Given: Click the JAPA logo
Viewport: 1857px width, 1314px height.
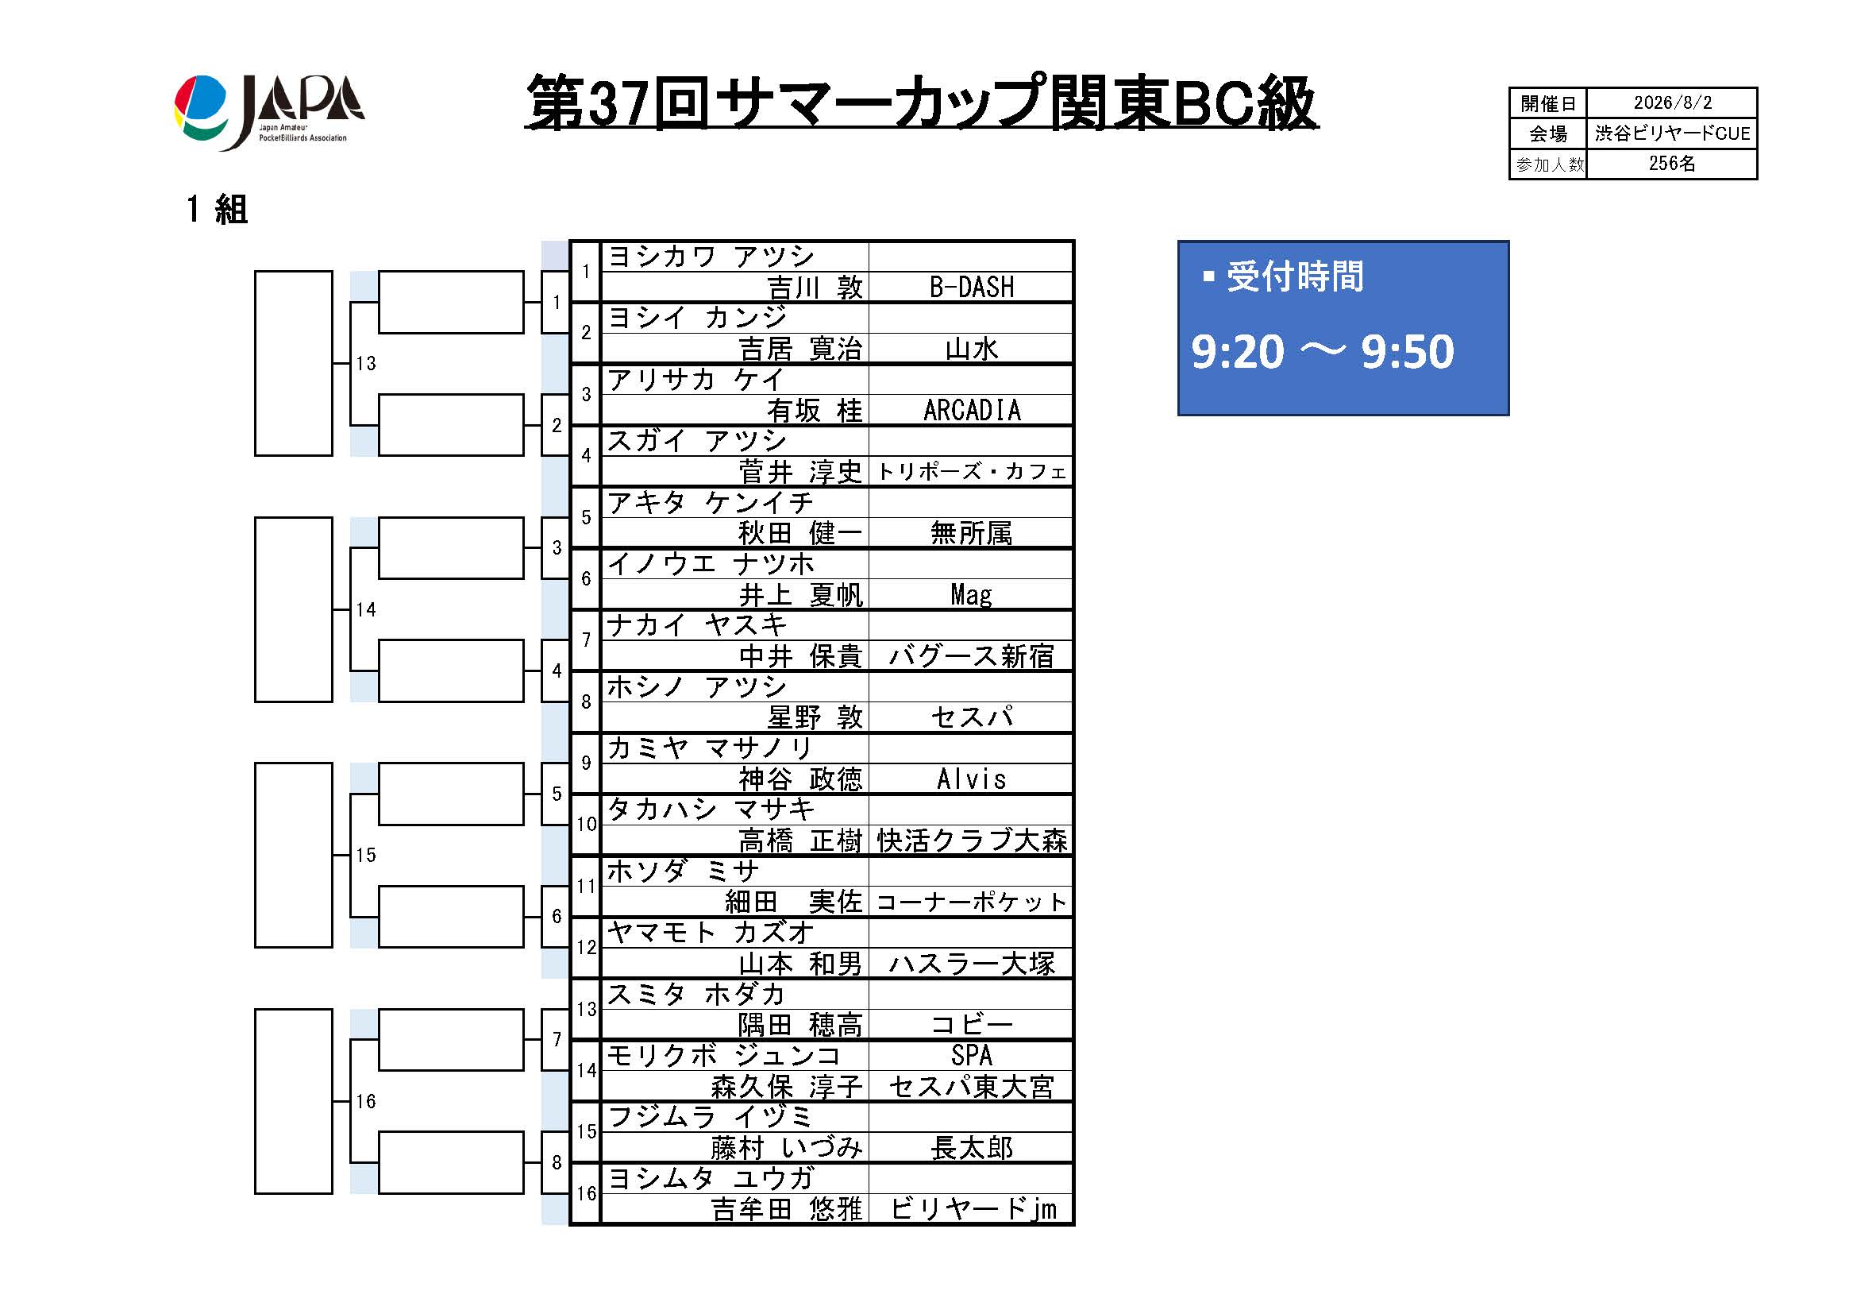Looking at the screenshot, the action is pyautogui.click(x=268, y=113).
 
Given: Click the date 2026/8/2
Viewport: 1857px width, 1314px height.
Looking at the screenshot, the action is pyautogui.click(x=1672, y=102).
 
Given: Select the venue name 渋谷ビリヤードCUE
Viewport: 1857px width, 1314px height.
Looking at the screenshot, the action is pyautogui.click(x=1672, y=133).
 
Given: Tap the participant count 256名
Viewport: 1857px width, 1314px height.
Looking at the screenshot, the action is pyautogui.click(x=1672, y=164).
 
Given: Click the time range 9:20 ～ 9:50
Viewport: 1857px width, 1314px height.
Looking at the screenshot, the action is pyautogui.click(x=1323, y=351).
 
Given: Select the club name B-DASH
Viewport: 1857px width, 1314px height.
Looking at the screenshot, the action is pyautogui.click(x=971, y=288).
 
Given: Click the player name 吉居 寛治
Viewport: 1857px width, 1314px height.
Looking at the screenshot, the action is pyautogui.click(x=801, y=349).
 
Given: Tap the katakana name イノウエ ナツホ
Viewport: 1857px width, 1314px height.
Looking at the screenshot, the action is pyautogui.click(x=711, y=563).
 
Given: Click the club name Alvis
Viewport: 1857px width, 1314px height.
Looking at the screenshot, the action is pyautogui.click(x=971, y=779).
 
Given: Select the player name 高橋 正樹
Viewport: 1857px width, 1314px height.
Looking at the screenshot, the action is pyautogui.click(x=801, y=841).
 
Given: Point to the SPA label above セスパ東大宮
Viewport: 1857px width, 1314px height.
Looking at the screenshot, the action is pyautogui.click(x=971, y=1055).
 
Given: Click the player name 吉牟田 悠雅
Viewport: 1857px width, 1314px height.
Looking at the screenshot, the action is pyautogui.click(x=787, y=1209).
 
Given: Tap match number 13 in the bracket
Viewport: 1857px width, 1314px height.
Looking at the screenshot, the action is pyautogui.click(x=365, y=363).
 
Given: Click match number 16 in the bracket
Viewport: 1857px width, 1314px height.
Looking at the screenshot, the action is pyautogui.click(x=365, y=1101).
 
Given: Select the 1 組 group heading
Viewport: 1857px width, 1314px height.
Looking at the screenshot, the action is pyautogui.click(x=217, y=210).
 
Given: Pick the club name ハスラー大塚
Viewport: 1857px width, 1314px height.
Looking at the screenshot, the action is pyautogui.click(x=971, y=964).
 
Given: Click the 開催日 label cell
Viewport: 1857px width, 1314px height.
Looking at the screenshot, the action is pyautogui.click(x=1548, y=103).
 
